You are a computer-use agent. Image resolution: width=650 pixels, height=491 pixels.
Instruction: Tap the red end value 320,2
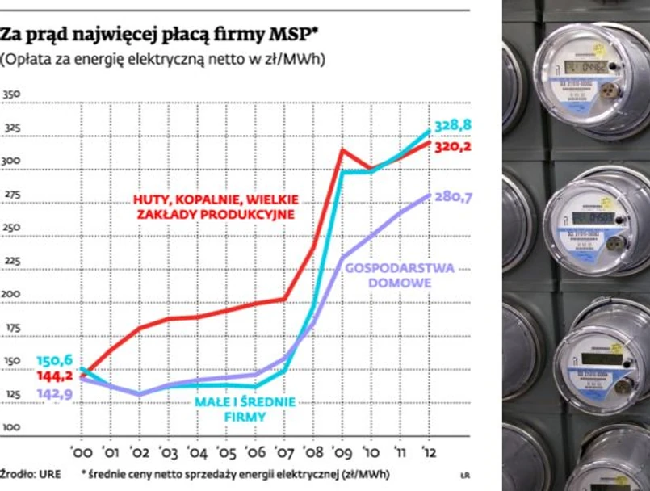[453, 147]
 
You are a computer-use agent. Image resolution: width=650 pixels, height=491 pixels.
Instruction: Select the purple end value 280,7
[453, 197]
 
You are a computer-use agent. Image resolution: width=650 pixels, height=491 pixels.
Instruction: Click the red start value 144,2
[55, 376]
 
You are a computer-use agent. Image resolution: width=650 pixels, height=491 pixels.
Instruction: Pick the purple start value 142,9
[55, 393]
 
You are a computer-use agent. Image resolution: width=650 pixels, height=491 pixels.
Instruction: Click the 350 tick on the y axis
[11, 95]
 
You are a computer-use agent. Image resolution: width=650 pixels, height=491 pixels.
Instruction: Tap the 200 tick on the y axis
[11, 294]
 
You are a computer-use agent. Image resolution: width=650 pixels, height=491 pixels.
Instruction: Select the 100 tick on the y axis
[11, 427]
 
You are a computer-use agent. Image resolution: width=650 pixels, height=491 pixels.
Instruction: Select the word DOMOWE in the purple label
[400, 283]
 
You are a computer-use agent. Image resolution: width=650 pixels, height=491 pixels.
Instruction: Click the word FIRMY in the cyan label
[245, 417]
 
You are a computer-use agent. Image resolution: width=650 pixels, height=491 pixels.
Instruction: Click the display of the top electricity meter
[585, 66]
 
